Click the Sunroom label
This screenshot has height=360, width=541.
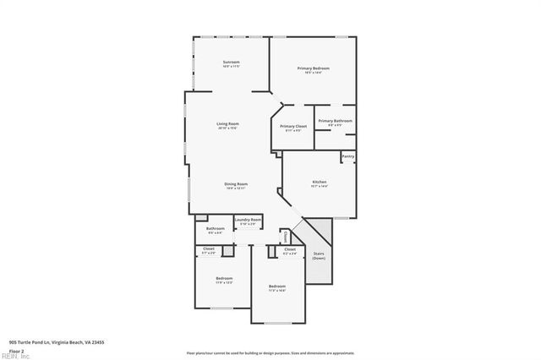[x=232, y=62]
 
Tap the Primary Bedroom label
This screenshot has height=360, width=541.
[x=313, y=68]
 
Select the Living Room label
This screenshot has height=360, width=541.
[x=227, y=124]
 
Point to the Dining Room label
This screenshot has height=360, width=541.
[x=236, y=184]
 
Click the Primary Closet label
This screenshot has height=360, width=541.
[x=292, y=126]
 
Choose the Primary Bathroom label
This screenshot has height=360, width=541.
[x=335, y=121]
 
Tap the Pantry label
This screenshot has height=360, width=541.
[x=347, y=156]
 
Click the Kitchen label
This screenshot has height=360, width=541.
[x=320, y=182]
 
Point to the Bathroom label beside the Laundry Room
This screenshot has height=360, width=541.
[x=215, y=228]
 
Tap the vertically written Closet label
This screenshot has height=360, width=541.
[x=285, y=236]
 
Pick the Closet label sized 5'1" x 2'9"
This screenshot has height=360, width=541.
[x=209, y=248]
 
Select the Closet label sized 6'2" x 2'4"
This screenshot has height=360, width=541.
[x=289, y=249]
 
